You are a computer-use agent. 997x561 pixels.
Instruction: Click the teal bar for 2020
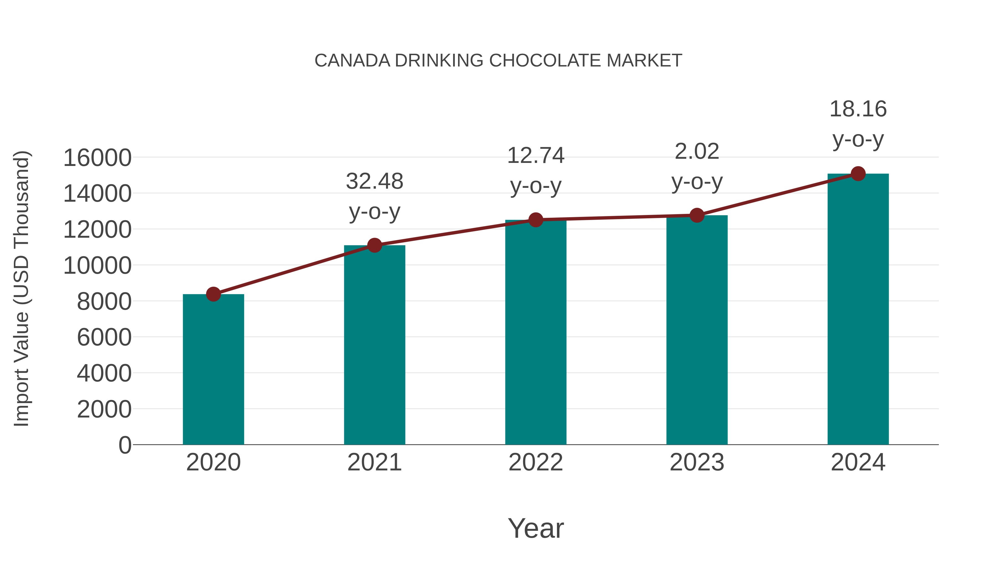[213, 370]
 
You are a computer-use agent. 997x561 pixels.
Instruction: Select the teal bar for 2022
[536, 333]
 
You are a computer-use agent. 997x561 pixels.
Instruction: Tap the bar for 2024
[858, 310]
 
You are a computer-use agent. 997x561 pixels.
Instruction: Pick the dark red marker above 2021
[374, 245]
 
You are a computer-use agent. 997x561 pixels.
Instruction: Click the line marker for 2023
[697, 215]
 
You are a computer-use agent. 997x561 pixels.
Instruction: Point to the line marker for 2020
[213, 294]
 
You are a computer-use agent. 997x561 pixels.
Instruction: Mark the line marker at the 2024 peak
[858, 174]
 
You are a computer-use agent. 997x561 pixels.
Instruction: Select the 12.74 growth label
[536, 170]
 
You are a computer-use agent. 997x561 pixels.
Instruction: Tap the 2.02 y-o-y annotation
[697, 166]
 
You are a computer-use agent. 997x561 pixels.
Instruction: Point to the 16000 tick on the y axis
[97, 158]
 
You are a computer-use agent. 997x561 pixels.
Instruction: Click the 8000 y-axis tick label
[104, 302]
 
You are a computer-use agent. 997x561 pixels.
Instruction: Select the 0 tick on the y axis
[125, 445]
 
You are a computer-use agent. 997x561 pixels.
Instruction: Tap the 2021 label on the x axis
[374, 462]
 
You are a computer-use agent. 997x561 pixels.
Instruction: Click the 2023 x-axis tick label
[697, 462]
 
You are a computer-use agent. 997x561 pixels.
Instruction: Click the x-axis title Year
[536, 528]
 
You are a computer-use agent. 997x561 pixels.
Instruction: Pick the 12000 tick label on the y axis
[97, 230]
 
